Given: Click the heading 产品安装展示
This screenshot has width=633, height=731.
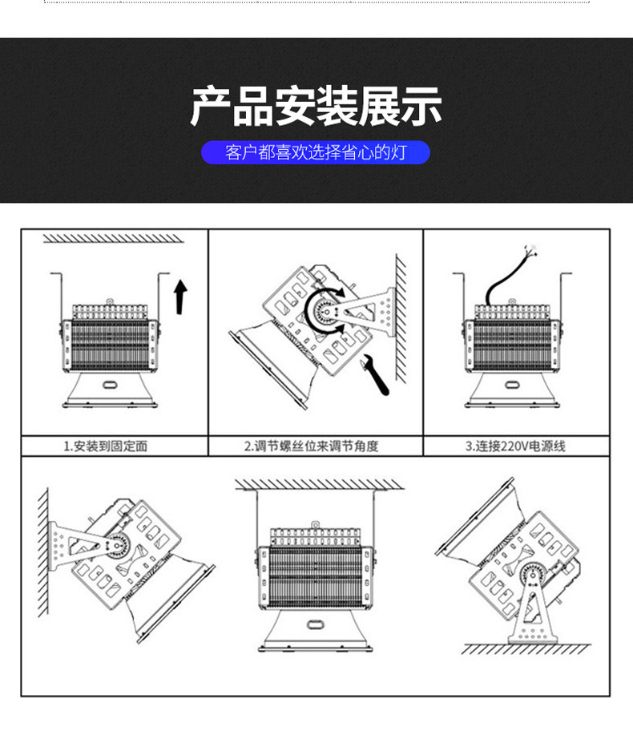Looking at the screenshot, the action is (316, 106).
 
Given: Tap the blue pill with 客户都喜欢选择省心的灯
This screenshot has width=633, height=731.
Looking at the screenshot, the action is (316, 152).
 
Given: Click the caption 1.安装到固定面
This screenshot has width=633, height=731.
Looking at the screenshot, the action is (106, 446).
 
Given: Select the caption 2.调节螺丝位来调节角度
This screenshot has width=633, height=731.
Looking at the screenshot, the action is (312, 446).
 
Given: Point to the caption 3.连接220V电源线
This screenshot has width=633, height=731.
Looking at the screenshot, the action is (515, 446).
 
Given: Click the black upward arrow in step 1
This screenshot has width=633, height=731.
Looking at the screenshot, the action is (180, 297).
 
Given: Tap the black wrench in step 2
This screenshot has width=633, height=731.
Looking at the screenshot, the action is (376, 374).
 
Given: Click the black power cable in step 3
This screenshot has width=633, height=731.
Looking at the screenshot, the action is (505, 278).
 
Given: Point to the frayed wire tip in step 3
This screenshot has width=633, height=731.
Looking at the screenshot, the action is (531, 248).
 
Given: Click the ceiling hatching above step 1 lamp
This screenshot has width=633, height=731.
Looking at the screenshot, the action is (113, 238).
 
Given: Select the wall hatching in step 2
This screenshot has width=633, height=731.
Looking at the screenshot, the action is (401, 318).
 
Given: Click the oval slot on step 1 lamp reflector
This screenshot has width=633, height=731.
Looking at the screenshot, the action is (111, 385).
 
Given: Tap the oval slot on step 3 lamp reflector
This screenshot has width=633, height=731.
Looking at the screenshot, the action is (513, 385).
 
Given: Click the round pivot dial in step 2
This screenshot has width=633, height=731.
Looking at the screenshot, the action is (327, 312).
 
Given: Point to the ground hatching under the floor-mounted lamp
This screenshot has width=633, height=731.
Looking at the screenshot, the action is (526, 648).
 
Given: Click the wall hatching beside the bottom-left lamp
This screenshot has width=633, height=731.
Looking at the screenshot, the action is (43, 553).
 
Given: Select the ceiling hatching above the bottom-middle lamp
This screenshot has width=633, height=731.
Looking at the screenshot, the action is (320, 484).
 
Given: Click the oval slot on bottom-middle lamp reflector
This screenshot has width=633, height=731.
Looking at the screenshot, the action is (315, 624).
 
